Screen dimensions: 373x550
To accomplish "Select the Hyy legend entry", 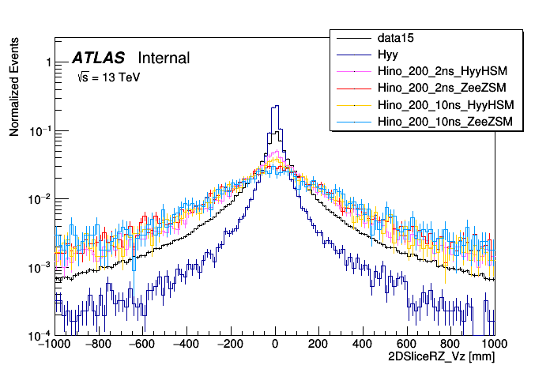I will (387, 55).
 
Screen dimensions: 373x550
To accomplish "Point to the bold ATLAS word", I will (99, 58).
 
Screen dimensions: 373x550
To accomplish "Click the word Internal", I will (164, 58).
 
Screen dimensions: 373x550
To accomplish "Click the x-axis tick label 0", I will (275, 345).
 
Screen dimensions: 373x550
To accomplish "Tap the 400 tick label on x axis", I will (363, 345).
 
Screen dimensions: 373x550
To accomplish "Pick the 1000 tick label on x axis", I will (494, 345).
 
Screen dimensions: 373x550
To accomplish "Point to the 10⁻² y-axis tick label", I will (40, 199).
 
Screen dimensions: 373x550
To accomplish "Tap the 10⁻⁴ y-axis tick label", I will (40, 335).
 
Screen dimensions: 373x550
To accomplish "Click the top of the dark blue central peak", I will (275, 106).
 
